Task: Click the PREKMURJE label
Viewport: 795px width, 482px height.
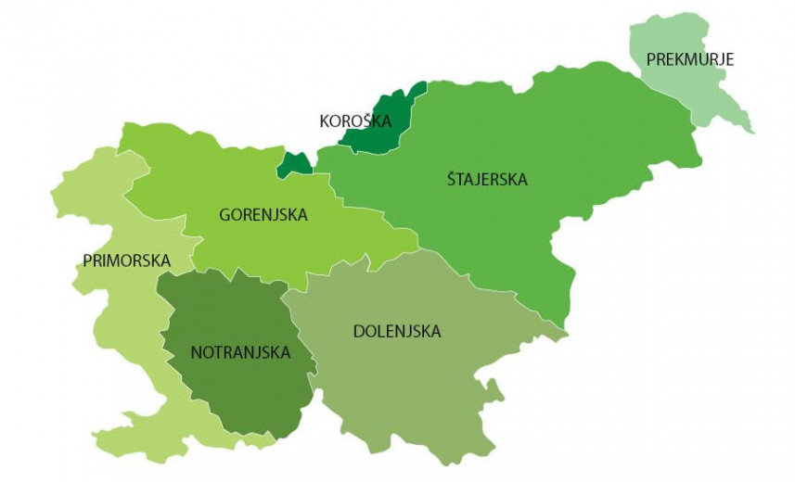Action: (691, 59)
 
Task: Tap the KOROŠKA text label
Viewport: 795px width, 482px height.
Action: (355, 120)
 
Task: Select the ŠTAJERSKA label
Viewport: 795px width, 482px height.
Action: (485, 180)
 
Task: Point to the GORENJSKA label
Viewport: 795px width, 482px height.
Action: (263, 215)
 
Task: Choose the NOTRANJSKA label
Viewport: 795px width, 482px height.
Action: (240, 352)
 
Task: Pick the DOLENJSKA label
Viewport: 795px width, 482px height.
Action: (397, 331)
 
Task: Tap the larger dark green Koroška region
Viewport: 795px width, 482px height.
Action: (382, 120)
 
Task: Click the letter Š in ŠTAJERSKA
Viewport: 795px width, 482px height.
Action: (451, 180)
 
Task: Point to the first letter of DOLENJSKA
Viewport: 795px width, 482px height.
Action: (359, 331)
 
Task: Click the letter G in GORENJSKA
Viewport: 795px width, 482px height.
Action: (224, 215)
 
